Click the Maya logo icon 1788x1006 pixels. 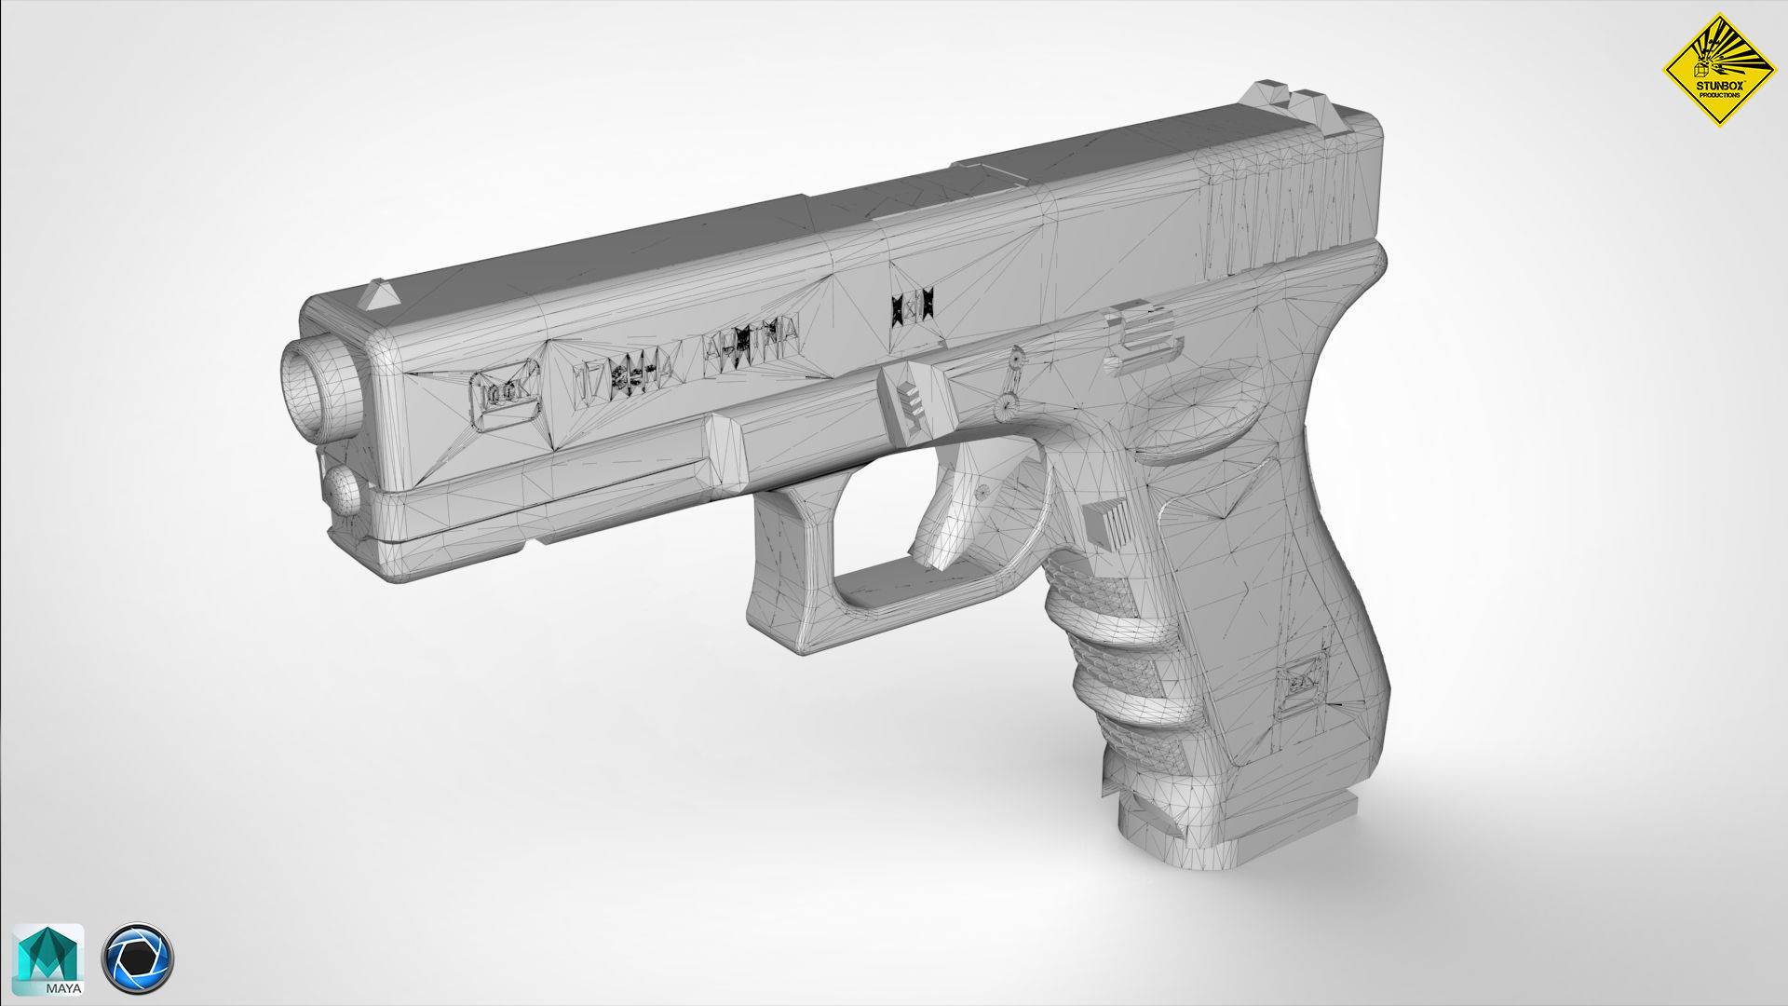[x=47, y=959]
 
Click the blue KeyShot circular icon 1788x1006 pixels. [x=137, y=958]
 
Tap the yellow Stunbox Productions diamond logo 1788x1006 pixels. [x=1719, y=69]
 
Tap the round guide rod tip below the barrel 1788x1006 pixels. [x=343, y=491]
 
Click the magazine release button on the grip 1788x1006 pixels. [x=1108, y=524]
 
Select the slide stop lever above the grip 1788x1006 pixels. [x=1144, y=341]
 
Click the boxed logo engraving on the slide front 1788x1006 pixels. [x=505, y=396]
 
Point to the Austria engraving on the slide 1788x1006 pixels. [x=752, y=345]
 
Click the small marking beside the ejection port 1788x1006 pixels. [x=911, y=306]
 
